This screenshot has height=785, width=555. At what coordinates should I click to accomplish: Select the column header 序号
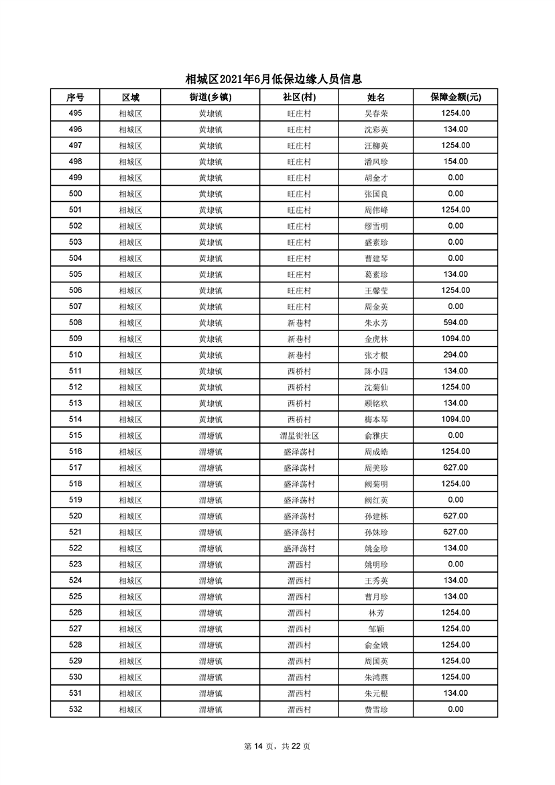pos(75,97)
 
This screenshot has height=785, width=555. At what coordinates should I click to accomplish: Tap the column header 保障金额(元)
pos(455,97)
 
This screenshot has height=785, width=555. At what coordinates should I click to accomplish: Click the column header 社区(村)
pos(299,97)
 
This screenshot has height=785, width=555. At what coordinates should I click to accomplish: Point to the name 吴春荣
pos(375,113)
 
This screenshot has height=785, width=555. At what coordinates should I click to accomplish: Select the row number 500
pos(75,194)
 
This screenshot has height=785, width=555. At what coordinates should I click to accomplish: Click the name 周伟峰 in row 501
pos(375,210)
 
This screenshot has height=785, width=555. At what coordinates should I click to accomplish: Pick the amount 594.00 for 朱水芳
pos(455,322)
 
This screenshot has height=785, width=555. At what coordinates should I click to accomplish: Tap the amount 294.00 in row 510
pos(455,355)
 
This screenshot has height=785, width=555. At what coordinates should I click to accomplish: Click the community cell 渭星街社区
pos(299,435)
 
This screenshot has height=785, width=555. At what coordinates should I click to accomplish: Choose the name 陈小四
pos(375,371)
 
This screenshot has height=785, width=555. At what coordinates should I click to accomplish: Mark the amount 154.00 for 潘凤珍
pos(455,162)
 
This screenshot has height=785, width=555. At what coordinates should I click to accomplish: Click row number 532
pos(75,709)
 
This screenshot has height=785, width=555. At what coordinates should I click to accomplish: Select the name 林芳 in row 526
pos(375,613)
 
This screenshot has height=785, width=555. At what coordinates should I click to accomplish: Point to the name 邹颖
pos(375,629)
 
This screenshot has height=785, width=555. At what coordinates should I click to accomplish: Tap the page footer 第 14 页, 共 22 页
pos(277,746)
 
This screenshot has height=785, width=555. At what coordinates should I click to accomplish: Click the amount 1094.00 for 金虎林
pos(455,339)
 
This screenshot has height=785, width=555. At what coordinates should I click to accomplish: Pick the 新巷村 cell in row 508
pos(299,322)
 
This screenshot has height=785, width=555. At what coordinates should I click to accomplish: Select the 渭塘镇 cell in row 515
pos(210,435)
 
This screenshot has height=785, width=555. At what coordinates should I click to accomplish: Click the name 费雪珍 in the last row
pos(375,709)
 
